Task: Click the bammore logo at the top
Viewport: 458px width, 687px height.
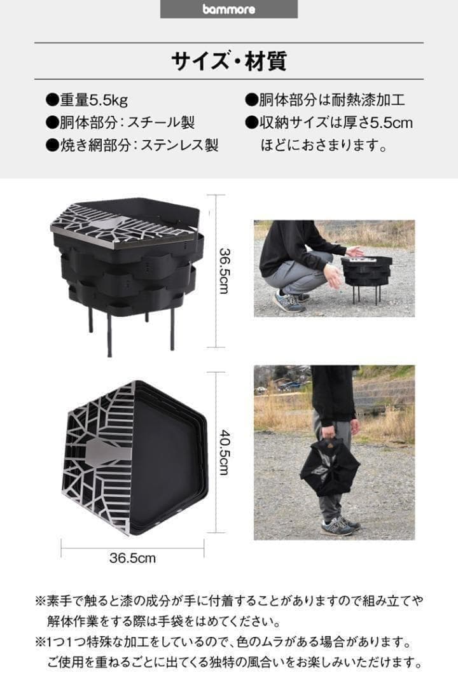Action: coord(228,9)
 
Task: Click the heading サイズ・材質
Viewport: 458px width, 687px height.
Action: coord(228,61)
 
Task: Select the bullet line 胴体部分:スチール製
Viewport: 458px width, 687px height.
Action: coord(120,122)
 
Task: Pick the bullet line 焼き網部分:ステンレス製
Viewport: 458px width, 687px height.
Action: coord(132,144)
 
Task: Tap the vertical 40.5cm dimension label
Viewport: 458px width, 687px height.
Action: coord(224,451)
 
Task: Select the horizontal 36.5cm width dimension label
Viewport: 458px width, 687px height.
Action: coord(132,559)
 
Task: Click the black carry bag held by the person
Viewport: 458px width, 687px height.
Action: coord(329,467)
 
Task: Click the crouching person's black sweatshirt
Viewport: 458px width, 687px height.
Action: coord(289,245)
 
